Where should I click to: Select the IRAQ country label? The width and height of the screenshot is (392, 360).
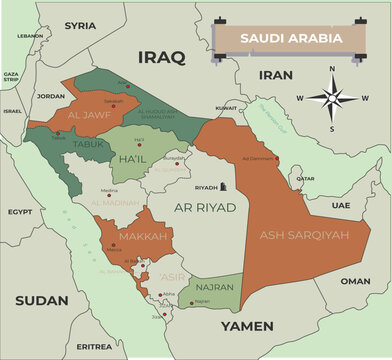(161, 59)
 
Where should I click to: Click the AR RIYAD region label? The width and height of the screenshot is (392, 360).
(205, 207)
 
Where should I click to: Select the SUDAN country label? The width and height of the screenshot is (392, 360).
(42, 300)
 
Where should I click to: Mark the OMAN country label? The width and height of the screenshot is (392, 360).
(354, 281)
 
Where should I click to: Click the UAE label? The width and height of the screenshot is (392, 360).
(341, 204)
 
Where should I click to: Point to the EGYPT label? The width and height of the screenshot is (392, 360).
(20, 212)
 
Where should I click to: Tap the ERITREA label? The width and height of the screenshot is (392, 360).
(95, 346)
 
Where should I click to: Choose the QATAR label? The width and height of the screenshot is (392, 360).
(305, 179)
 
